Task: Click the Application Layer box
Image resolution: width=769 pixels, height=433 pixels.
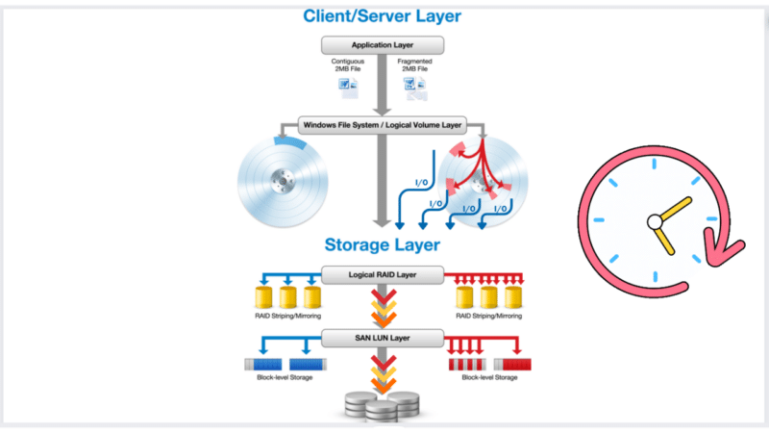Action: point(382,45)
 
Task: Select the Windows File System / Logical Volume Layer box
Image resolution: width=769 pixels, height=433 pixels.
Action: point(382,124)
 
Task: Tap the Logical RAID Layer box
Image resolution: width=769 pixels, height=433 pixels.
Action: point(382,275)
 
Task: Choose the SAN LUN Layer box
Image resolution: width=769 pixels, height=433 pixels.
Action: point(382,338)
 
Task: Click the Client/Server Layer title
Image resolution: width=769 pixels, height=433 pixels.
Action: point(382,15)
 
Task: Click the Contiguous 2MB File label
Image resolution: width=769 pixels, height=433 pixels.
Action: point(347,65)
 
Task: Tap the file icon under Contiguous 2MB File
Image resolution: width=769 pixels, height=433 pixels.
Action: point(347,89)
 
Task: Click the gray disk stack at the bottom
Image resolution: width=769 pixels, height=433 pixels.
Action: point(382,404)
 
